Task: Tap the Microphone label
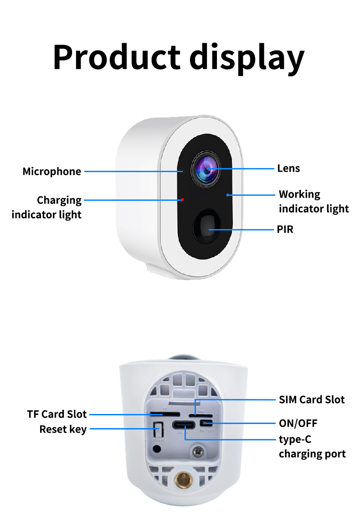click(x=52, y=172)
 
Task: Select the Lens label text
click(x=288, y=169)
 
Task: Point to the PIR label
click(x=285, y=230)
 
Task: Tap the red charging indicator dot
click(x=182, y=199)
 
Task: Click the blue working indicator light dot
click(x=227, y=194)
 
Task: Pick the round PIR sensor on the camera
click(x=209, y=228)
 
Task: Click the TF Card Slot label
click(x=57, y=414)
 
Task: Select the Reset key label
click(x=63, y=429)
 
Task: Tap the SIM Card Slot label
click(x=312, y=400)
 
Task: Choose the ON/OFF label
click(x=298, y=424)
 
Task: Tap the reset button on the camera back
click(x=158, y=430)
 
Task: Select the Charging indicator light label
click(x=46, y=207)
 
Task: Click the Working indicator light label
click(x=314, y=201)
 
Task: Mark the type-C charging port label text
click(x=312, y=447)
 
